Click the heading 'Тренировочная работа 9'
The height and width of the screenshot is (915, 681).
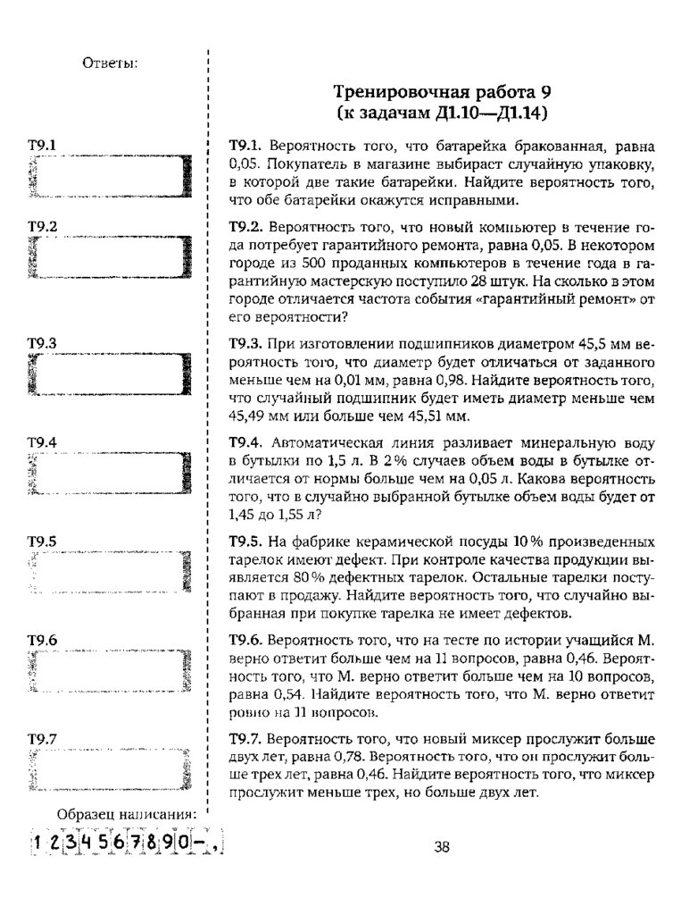(442, 92)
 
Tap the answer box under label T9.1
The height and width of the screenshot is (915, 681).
(111, 174)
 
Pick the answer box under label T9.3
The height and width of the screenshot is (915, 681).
(111, 374)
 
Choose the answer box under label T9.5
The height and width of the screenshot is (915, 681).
(111, 572)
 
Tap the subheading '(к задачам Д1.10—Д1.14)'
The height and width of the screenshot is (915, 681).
(442, 113)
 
